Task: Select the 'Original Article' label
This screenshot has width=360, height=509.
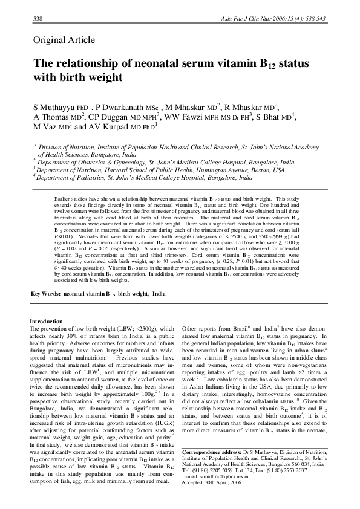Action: pos(64,41)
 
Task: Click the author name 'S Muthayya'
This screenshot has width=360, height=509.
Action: pos(57,107)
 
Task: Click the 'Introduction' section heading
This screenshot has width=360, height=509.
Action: pos(47,321)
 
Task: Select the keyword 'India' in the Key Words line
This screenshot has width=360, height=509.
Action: pos(159,293)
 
